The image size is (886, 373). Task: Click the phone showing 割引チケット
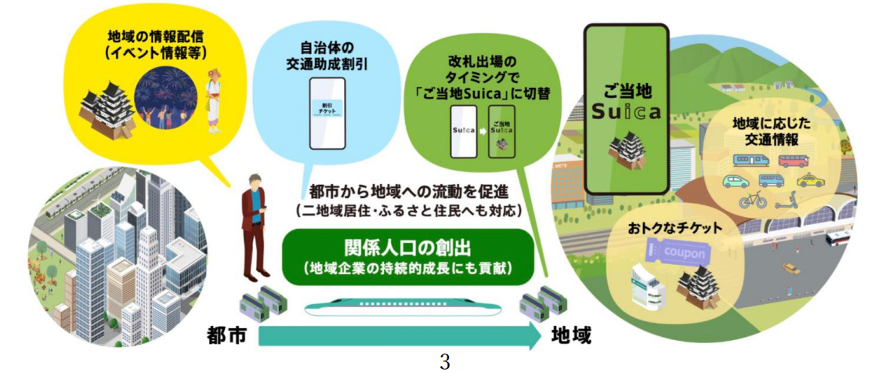tap(327, 113)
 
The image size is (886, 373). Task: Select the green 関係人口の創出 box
tap(407, 256)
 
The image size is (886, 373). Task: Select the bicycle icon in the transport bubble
tap(754, 201)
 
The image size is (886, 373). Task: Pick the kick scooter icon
tap(787, 201)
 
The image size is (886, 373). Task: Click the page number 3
tap(444, 362)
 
